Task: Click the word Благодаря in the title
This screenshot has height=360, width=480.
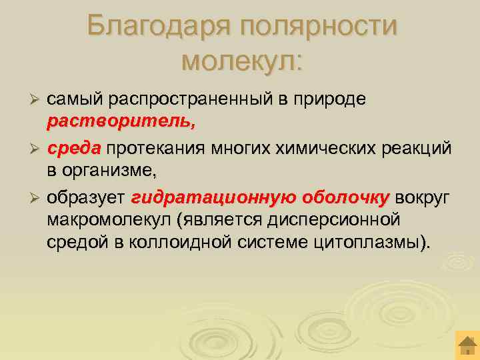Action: [158, 27]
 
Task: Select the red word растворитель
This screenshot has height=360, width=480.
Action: [121, 122]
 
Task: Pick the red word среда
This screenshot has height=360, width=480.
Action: [73, 147]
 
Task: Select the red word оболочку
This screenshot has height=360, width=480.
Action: [346, 197]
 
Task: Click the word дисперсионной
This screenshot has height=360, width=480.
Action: [328, 219]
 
